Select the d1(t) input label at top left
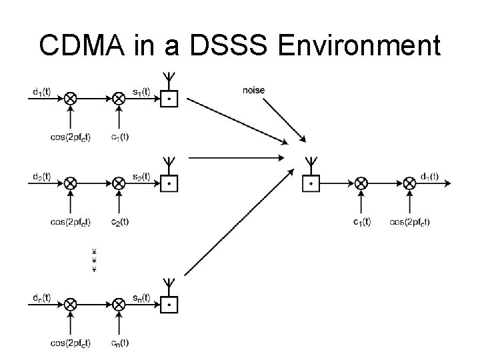41,90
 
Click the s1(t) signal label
139,90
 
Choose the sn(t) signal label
139,297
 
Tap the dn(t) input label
41,297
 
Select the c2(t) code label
120,221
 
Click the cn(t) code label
120,343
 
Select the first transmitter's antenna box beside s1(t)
170,99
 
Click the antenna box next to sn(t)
170,305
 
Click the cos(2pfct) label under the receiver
410,221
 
